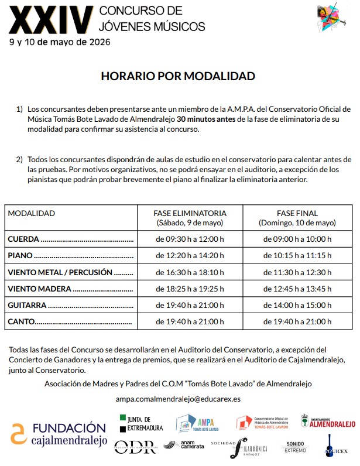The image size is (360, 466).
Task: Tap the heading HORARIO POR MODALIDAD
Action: tap(178, 77)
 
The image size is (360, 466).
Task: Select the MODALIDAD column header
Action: tap(31, 213)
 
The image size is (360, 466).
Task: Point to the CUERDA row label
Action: tap(23, 239)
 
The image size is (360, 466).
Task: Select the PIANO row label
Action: tap(20, 255)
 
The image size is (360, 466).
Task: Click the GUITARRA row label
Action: tap(27, 305)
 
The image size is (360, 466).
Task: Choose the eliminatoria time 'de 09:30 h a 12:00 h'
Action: tap(190, 239)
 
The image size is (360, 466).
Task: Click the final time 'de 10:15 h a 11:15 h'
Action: tap(297, 255)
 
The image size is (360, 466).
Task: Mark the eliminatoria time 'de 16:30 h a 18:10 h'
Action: tap(190, 272)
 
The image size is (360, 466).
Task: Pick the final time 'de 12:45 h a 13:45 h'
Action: tap(297, 289)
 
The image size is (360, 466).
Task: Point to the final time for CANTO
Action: tap(297, 321)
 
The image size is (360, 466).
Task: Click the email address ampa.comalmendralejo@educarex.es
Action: tap(178, 399)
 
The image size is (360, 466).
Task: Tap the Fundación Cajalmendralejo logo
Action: tap(58, 433)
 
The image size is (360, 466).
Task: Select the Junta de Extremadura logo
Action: tap(141, 423)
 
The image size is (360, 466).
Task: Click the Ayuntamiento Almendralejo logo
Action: tap(328, 422)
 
